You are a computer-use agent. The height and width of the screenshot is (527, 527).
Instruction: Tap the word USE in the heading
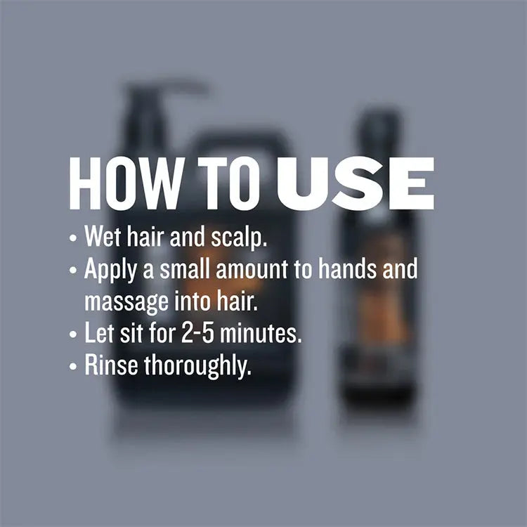click(x=356, y=183)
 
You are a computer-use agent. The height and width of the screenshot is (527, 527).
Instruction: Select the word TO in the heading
click(x=229, y=183)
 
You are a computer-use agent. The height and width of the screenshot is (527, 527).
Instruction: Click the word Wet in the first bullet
click(x=103, y=236)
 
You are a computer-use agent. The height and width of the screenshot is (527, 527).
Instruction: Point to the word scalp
click(x=239, y=238)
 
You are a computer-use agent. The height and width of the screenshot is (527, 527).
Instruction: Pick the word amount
click(x=252, y=269)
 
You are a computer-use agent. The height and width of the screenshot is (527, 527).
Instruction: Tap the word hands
click(x=348, y=268)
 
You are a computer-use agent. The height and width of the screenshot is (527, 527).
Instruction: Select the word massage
click(x=126, y=302)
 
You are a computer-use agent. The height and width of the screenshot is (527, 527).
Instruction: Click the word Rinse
click(x=111, y=365)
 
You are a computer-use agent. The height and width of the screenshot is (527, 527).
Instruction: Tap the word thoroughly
click(x=197, y=366)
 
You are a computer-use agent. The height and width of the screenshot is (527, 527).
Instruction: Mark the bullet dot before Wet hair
click(x=73, y=238)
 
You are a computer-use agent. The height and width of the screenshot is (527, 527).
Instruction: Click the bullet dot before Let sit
click(x=73, y=334)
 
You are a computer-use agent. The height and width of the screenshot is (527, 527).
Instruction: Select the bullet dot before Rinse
click(x=73, y=366)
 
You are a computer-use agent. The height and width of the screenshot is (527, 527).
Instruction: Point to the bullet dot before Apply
click(x=73, y=270)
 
